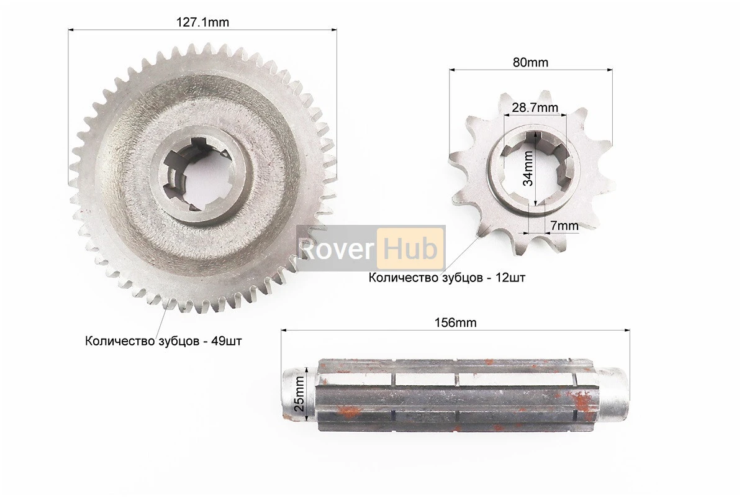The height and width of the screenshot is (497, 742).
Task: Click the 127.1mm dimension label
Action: pos(202,22)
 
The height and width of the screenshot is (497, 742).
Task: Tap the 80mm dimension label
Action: pos(530,63)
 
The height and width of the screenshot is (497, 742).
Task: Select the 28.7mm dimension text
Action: pos(535,108)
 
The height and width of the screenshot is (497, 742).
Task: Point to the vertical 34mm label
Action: pos(528,168)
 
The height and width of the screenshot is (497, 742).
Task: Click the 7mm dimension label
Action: pos(564,226)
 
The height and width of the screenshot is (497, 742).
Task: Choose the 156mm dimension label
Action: pos(455,323)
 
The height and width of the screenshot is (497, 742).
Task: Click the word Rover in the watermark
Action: pos(337,250)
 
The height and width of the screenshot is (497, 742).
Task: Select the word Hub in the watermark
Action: pos(410,249)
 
